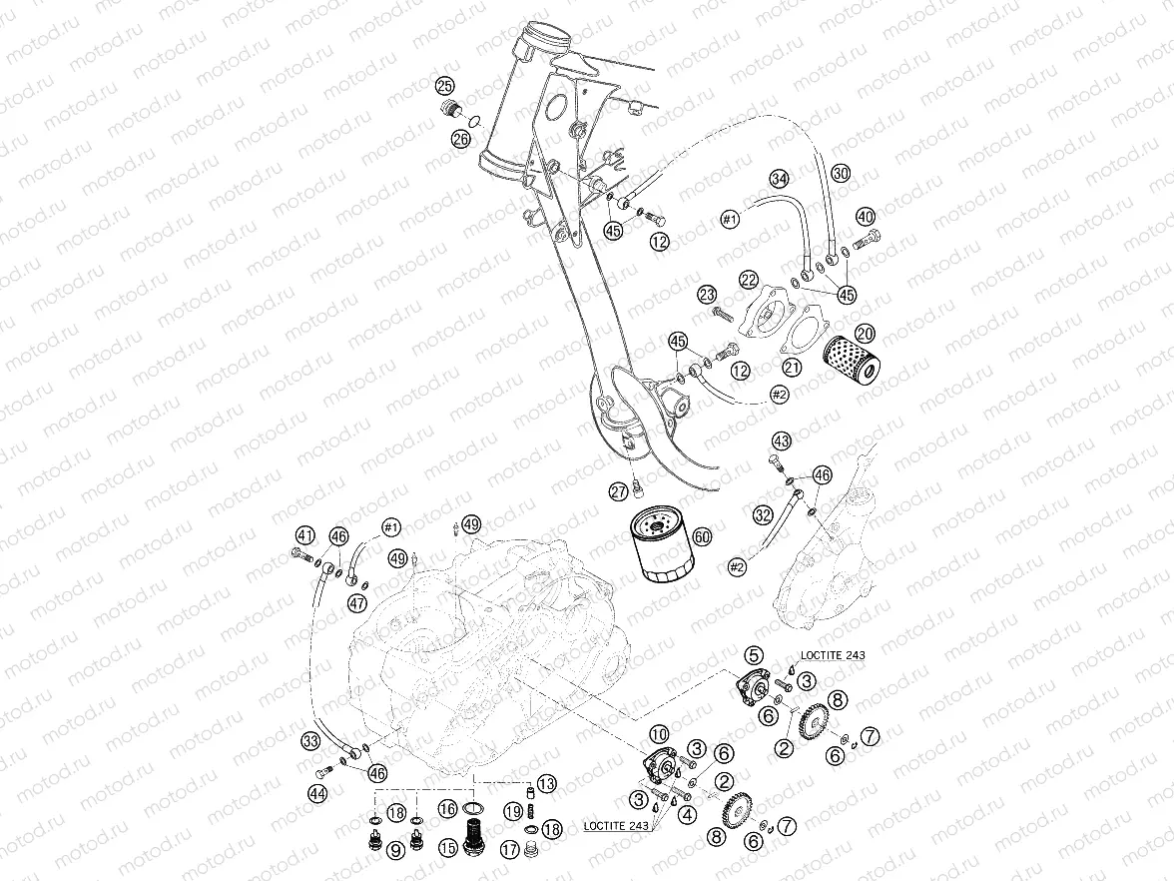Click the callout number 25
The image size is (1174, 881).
tap(444, 86)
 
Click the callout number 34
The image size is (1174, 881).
tap(780, 178)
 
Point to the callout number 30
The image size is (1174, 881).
tap(841, 173)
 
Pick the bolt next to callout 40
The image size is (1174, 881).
tap(871, 237)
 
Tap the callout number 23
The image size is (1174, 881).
tap(708, 295)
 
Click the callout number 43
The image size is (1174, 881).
tap(781, 441)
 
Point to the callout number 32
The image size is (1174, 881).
tap(763, 515)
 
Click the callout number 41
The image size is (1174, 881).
tap(304, 534)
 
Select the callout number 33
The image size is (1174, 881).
tap(311, 741)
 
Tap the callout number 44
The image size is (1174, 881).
tap(317, 793)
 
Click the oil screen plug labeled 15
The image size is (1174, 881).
tap(475, 834)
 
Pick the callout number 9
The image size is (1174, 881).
tap(396, 850)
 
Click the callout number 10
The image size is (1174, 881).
tap(660, 733)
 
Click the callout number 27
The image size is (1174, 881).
tap(618, 490)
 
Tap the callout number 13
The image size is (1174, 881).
tap(546, 783)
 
